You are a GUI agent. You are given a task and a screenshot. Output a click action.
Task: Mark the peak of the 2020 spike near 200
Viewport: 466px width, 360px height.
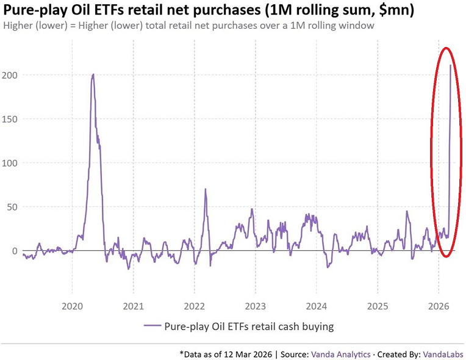[x=93, y=74]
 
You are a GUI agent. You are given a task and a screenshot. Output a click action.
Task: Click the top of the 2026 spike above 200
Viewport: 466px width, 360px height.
[x=450, y=65]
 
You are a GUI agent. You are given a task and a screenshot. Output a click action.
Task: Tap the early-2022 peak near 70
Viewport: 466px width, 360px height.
[x=206, y=189]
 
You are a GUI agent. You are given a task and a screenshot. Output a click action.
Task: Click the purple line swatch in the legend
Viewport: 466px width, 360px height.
[x=151, y=326]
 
